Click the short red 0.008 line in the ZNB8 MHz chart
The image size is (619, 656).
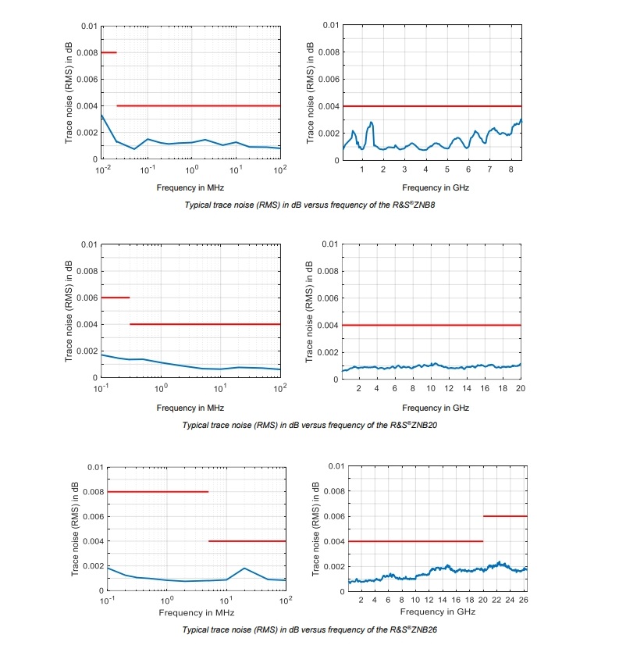pyautogui.click(x=109, y=52)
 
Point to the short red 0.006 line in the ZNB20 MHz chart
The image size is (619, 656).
pyautogui.click(x=116, y=298)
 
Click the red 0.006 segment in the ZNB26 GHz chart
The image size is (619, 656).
pyautogui.click(x=505, y=516)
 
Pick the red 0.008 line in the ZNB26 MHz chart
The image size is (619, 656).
pyautogui.click(x=158, y=491)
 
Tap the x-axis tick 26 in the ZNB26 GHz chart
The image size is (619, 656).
pyautogui.click(x=525, y=600)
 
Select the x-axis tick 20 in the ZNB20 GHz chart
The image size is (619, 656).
pyautogui.click(x=519, y=388)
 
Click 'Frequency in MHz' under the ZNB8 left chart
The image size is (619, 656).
pyautogui.click(x=190, y=187)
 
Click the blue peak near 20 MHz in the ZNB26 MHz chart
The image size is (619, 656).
pyautogui.click(x=244, y=569)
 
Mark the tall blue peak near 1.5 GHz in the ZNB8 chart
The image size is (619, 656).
pyautogui.click(x=372, y=123)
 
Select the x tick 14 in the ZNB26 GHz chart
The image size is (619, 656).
pyautogui.click(x=443, y=600)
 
